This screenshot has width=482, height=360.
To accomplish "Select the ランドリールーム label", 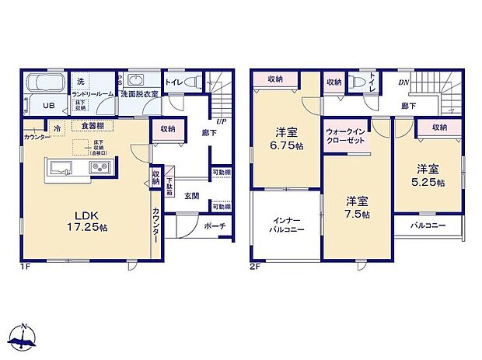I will [93, 93].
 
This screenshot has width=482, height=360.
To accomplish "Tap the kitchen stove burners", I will [98, 166].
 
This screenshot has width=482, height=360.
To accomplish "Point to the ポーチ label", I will [215, 226].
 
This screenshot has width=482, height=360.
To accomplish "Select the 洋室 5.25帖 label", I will [428, 175].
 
